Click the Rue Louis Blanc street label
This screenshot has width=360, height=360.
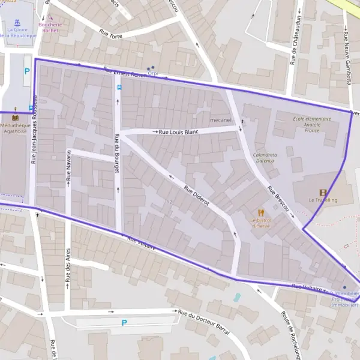pyautogui.click(x=178, y=131)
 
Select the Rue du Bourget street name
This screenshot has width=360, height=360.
pyautogui.click(x=118, y=155)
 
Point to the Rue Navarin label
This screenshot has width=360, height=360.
pyautogui.click(x=69, y=169)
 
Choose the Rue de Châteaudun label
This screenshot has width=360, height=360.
pyautogui.click(x=293, y=44)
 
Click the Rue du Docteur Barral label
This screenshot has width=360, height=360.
pyautogui.click(x=205, y=313)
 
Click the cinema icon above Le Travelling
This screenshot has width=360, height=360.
pyautogui.click(x=323, y=192)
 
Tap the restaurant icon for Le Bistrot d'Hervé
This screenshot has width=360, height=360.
pyautogui.click(x=260, y=212)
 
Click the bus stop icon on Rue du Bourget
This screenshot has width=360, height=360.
pyautogui.click(x=118, y=87)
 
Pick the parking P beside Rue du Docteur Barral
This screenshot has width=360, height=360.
pyautogui.click(x=124, y=323)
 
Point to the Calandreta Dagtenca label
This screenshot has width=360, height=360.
pyautogui.click(x=265, y=157)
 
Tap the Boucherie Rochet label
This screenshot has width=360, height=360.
pyautogui.click(x=50, y=27)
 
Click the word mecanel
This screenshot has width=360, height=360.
pyautogui.click(x=221, y=119)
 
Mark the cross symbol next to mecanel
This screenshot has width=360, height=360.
pyautogui.click(x=242, y=122)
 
